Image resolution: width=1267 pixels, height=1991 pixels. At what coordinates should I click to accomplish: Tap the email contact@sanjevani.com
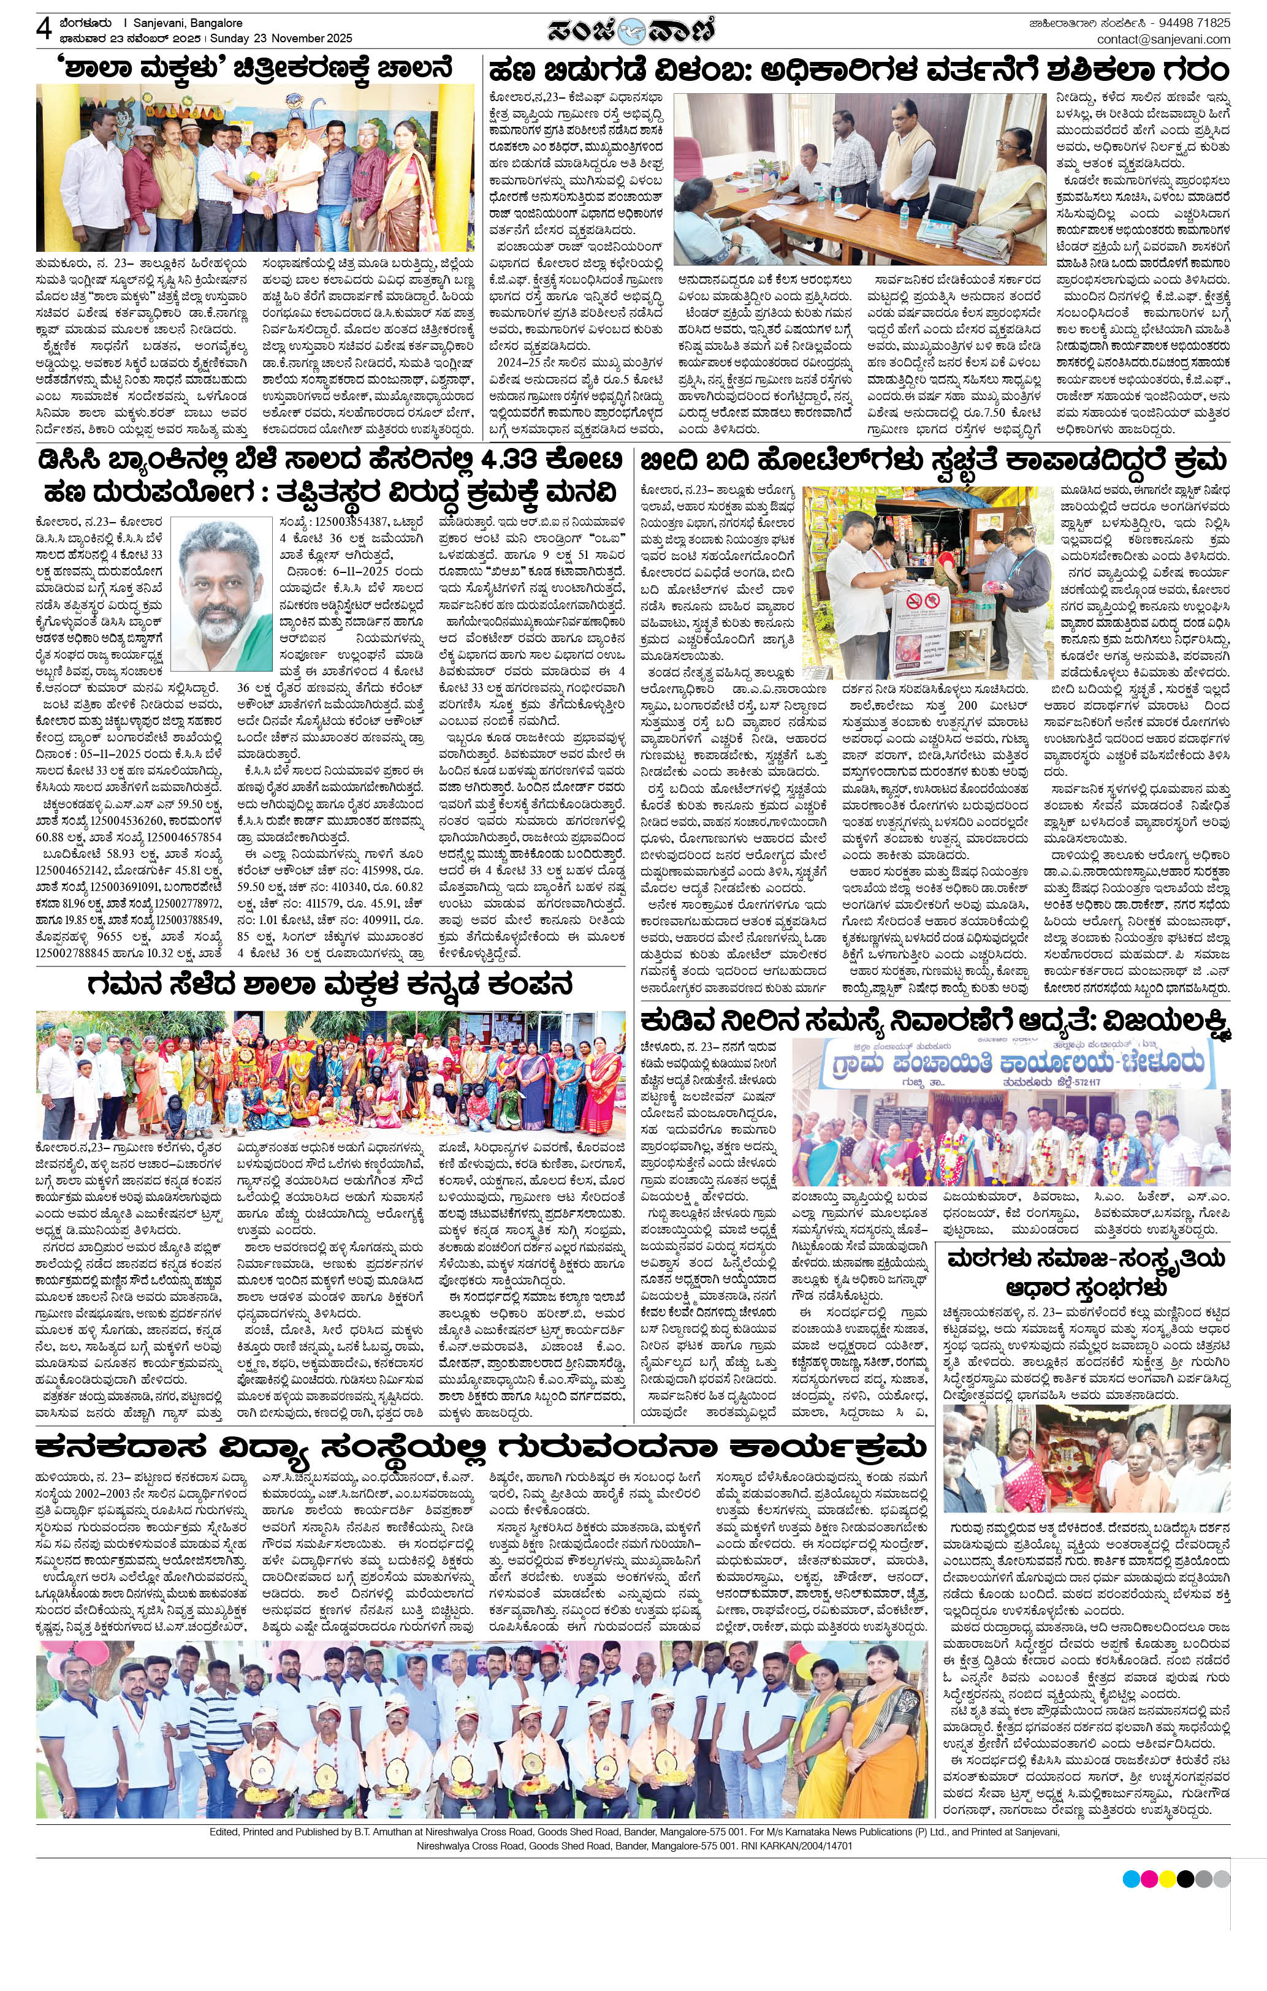pyautogui.click(x=1163, y=39)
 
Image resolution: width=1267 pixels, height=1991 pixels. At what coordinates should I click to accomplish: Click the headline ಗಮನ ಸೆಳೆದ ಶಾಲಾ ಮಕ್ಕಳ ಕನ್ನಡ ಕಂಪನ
pyautogui.click(x=330, y=985)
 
